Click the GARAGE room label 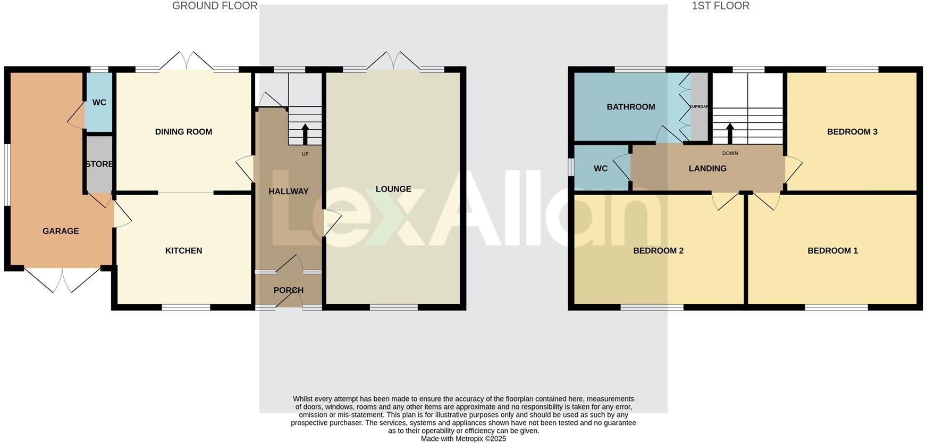pyautogui.click(x=61, y=231)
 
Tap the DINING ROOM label pyautogui.click(x=183, y=132)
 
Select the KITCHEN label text pyautogui.click(x=183, y=250)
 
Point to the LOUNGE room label pyautogui.click(x=393, y=189)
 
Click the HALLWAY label pyautogui.click(x=288, y=191)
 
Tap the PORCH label pyautogui.click(x=288, y=290)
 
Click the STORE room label pyautogui.click(x=99, y=164)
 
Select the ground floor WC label pyautogui.click(x=99, y=103)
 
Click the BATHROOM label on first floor pyautogui.click(x=631, y=107)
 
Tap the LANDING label pyautogui.click(x=707, y=169)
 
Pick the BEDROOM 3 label pyautogui.click(x=852, y=132)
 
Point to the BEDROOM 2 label pyautogui.click(x=658, y=250)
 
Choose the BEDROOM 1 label pyautogui.click(x=832, y=250)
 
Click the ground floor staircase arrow pyautogui.click(x=305, y=133)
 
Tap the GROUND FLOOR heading pyautogui.click(x=215, y=6)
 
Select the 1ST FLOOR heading pyautogui.click(x=720, y=6)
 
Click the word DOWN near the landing pyautogui.click(x=730, y=153)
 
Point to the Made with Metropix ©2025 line pyautogui.click(x=463, y=439)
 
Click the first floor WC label pyautogui.click(x=601, y=169)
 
